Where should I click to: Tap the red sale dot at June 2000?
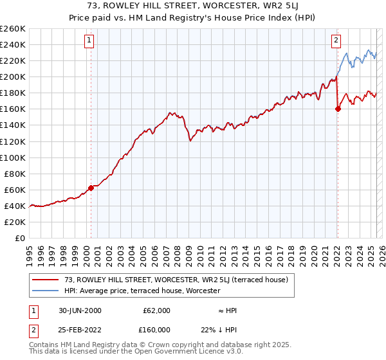91,188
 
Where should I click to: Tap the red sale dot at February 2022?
338,109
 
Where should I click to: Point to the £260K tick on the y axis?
13,29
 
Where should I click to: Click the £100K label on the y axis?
13,157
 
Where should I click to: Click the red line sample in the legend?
46,280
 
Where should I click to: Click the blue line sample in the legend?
46,291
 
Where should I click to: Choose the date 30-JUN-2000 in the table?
80,310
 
